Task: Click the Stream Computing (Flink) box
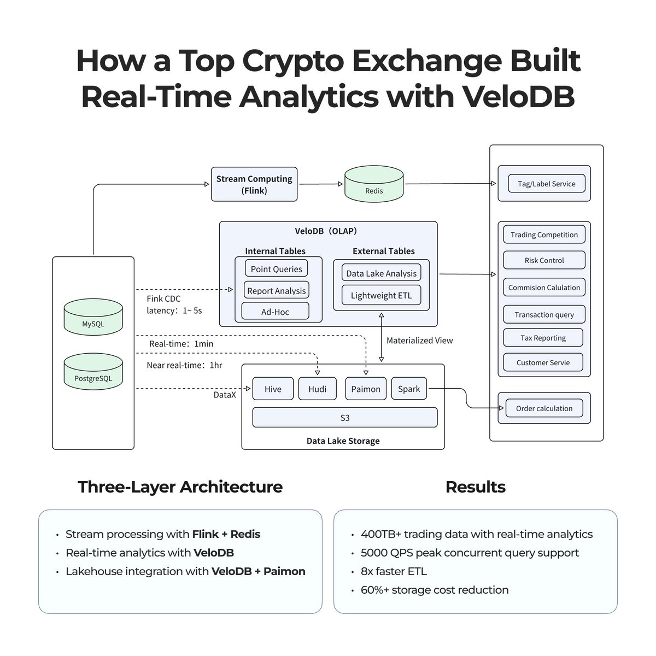pyautogui.click(x=254, y=185)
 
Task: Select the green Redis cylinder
pyautogui.click(x=374, y=185)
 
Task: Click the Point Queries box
pyautogui.click(x=276, y=269)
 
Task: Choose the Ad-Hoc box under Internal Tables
pyautogui.click(x=275, y=312)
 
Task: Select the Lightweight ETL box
pyautogui.click(x=381, y=295)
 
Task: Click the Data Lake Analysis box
pyautogui.click(x=381, y=273)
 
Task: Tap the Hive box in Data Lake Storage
pyautogui.click(x=273, y=389)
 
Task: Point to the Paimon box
pyautogui.click(x=366, y=389)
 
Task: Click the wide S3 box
pyautogui.click(x=345, y=418)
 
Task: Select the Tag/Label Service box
pyautogui.click(x=546, y=184)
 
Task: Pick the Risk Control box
pyautogui.click(x=544, y=260)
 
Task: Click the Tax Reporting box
pyautogui.click(x=543, y=338)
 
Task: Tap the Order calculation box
pyautogui.click(x=544, y=408)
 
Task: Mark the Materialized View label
pyautogui.click(x=419, y=340)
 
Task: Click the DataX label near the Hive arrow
pyautogui.click(x=225, y=394)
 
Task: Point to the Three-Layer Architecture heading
pyautogui.click(x=180, y=487)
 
